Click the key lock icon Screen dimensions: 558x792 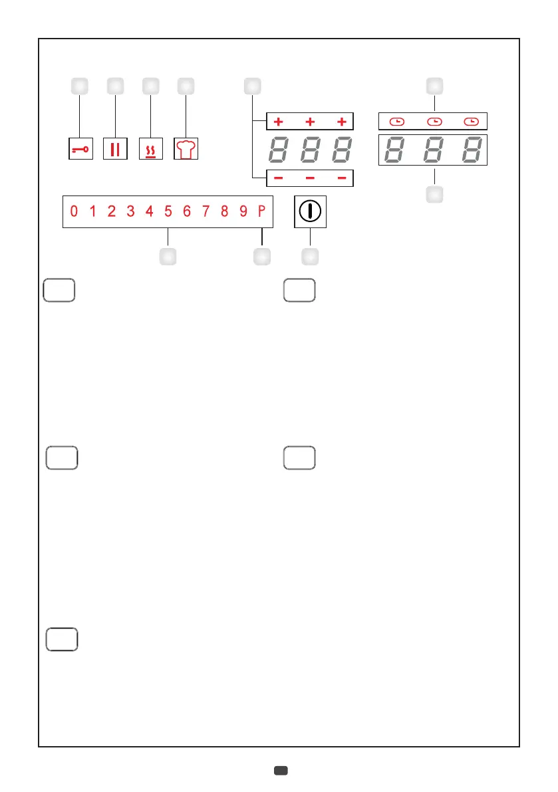pyautogui.click(x=80, y=149)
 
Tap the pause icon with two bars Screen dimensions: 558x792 pyautogui.click(x=115, y=149)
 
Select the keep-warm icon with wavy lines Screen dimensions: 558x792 pyautogui.click(x=150, y=149)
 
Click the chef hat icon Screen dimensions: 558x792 pyautogui.click(x=186, y=149)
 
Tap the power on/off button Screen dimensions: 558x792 pyautogui.click(x=310, y=213)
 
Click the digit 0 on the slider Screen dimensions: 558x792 pyautogui.click(x=74, y=212)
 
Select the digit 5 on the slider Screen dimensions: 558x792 pyautogui.click(x=168, y=212)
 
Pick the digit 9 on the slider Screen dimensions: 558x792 pyautogui.click(x=243, y=212)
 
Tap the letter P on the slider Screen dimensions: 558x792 pyautogui.click(x=262, y=212)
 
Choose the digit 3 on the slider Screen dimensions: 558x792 pyautogui.click(x=131, y=212)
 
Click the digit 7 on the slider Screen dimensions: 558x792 pyautogui.click(x=206, y=212)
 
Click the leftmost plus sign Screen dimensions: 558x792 pyautogui.click(x=278, y=122)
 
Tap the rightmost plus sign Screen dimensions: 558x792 pyautogui.click(x=342, y=122)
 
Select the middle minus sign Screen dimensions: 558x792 pyautogui.click(x=310, y=180)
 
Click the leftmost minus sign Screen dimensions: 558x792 pyautogui.click(x=278, y=180)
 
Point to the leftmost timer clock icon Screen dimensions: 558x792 pyautogui.click(x=396, y=122)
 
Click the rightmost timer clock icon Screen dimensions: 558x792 pyautogui.click(x=471, y=122)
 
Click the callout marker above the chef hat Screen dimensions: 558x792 pyautogui.click(x=186, y=86)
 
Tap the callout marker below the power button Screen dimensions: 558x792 pyautogui.click(x=310, y=256)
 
